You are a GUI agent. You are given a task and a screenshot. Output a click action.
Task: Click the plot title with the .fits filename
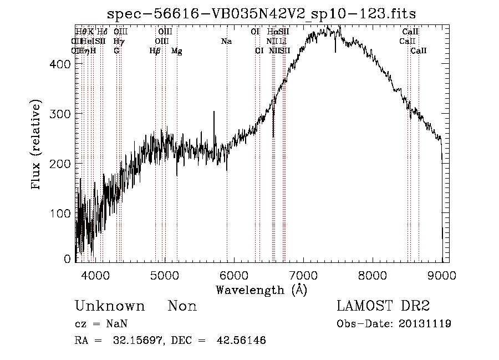tap(261, 14)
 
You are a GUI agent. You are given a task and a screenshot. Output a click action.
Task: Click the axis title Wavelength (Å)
tap(261, 290)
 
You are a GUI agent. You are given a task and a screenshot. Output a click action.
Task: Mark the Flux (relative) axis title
tap(37, 146)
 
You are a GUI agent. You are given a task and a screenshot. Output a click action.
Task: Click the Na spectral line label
tap(226, 41)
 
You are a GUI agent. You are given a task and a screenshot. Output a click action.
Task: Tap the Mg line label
tap(176, 51)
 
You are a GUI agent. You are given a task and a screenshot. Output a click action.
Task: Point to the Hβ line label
tap(155, 51)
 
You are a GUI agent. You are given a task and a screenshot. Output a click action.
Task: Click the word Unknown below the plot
tap(110, 306)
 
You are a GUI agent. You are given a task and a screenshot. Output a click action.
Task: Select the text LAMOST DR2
tap(383, 306)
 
